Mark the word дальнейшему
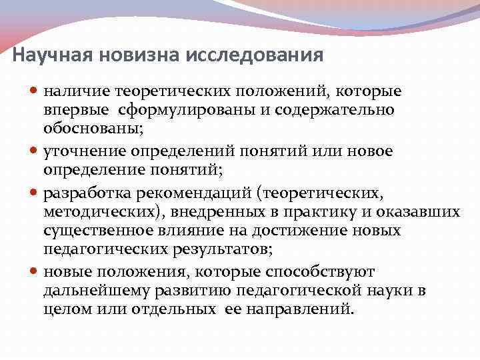coord(98,291)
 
